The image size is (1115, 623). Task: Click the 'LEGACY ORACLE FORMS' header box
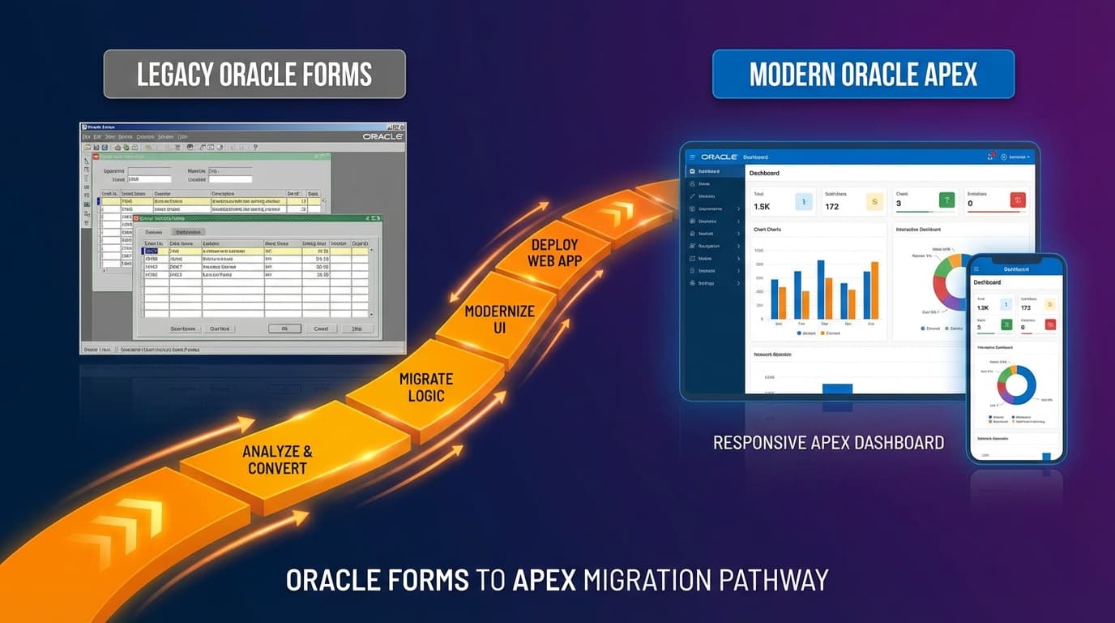pyautogui.click(x=254, y=75)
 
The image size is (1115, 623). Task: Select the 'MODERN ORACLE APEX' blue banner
pyautogui.click(x=863, y=75)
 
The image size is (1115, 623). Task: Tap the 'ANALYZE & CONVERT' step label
pyautogui.click(x=277, y=460)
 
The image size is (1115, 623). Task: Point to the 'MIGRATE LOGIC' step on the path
pyautogui.click(x=426, y=387)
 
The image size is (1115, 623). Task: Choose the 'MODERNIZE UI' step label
pyautogui.click(x=499, y=319)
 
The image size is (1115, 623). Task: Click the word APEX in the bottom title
pyautogui.click(x=545, y=580)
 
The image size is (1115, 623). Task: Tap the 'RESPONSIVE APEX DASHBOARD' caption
pyautogui.click(x=828, y=443)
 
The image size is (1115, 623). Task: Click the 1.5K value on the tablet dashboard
pyautogui.click(x=762, y=207)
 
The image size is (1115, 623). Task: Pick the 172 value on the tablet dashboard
pyautogui.click(x=831, y=207)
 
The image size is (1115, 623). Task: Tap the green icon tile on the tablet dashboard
pyautogui.click(x=946, y=200)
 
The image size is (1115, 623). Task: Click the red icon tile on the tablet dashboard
pyautogui.click(x=1018, y=200)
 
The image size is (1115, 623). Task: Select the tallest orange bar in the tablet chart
pyautogui.click(x=874, y=290)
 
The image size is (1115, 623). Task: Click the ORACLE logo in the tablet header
pyautogui.click(x=719, y=157)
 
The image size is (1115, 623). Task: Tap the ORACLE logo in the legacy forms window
pyautogui.click(x=382, y=136)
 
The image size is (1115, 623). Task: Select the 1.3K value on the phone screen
pyautogui.click(x=983, y=307)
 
